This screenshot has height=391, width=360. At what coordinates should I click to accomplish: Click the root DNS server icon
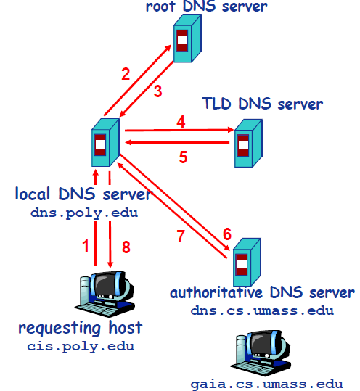pyautogui.click(x=187, y=38)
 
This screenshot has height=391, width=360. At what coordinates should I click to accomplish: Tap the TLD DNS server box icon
pyautogui.click(x=248, y=143)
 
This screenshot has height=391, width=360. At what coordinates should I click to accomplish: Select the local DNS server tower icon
pyautogui.click(x=105, y=142)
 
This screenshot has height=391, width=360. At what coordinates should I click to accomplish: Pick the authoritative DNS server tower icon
pyautogui.click(x=247, y=262)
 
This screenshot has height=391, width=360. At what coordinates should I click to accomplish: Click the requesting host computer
pyautogui.click(x=105, y=294)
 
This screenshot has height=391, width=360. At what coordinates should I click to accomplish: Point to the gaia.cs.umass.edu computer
pyautogui.click(x=261, y=353)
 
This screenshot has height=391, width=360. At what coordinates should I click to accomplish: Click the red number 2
pyautogui.click(x=126, y=74)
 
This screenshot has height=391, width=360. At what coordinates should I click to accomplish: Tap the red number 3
pyautogui.click(x=158, y=91)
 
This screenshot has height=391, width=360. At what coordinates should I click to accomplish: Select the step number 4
pyautogui.click(x=181, y=122)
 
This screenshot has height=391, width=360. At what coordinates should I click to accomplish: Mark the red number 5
pyautogui.click(x=183, y=157)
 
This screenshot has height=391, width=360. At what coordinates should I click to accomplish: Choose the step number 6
pyautogui.click(x=227, y=234)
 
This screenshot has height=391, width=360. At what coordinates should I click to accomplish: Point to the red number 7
pyautogui.click(x=181, y=236)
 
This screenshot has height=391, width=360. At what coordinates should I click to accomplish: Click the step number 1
pyautogui.click(x=86, y=246)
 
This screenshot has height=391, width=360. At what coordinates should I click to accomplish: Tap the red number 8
pyautogui.click(x=126, y=247)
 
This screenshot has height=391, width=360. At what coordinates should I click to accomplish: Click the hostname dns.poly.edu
pyautogui.click(x=84, y=213)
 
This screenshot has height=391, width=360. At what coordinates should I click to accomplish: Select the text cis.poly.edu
pyautogui.click(x=81, y=347)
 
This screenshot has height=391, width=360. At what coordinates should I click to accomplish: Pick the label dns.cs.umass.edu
pyautogui.click(x=262, y=311)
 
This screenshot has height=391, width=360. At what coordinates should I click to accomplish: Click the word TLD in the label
pyautogui.click(x=216, y=104)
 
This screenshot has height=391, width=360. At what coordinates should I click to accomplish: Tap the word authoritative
pyautogui.click(x=216, y=292)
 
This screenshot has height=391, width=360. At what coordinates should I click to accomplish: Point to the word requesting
pyautogui.click(x=60, y=329)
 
